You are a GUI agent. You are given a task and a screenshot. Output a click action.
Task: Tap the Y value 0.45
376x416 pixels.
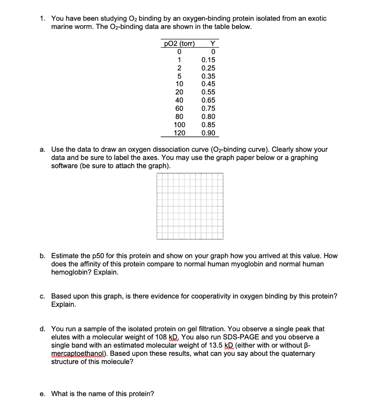click(x=208, y=84)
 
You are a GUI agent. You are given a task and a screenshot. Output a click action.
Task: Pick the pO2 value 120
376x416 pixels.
click(x=179, y=133)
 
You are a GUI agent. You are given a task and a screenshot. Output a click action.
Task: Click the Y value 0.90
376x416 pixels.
click(x=208, y=133)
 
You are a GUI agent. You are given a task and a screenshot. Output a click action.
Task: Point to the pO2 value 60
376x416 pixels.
click(x=179, y=108)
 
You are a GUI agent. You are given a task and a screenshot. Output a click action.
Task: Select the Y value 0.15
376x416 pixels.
click(x=208, y=60)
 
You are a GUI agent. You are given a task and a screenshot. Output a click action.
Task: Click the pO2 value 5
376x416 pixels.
click(x=179, y=76)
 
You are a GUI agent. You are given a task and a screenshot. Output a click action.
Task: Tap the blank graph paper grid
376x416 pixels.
click(x=190, y=206)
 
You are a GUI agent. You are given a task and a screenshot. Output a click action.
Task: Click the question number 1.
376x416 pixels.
click(x=42, y=19)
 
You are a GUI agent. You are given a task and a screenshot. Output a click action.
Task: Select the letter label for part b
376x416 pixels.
click(x=42, y=256)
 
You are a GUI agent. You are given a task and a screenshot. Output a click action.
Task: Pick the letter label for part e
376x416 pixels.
click(x=42, y=394)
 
